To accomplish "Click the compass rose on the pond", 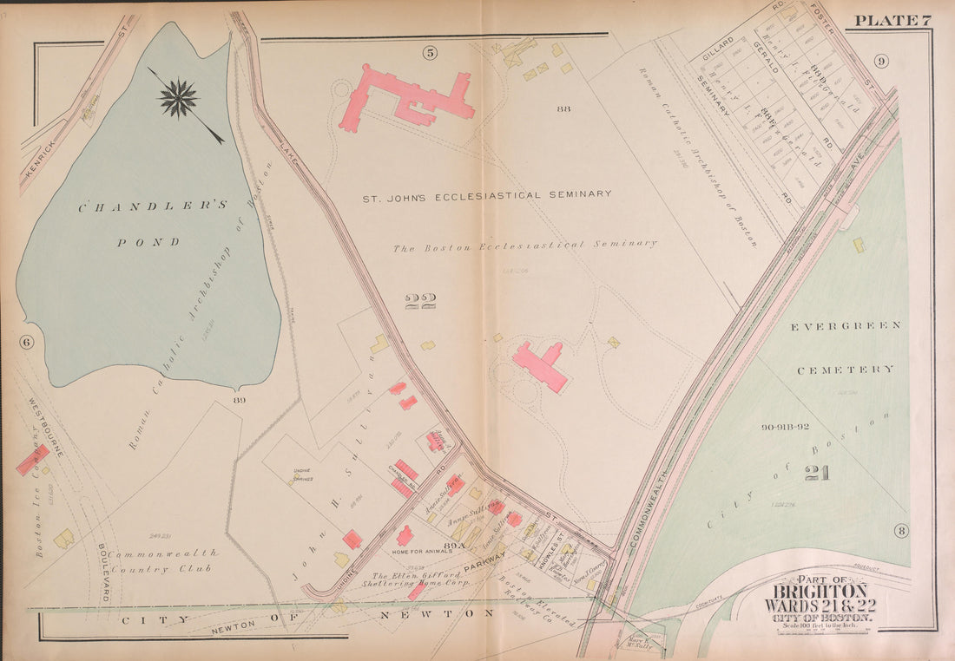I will click(179, 98).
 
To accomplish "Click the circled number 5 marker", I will click(430, 53).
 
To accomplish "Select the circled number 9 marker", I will click(880, 61).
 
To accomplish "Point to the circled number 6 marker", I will click(26, 342).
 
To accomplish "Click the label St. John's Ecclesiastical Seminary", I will click(486, 195).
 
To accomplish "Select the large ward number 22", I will click(420, 302).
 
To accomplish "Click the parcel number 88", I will click(563, 108).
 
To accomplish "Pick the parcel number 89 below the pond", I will click(240, 400).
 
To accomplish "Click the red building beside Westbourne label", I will click(33, 460).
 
